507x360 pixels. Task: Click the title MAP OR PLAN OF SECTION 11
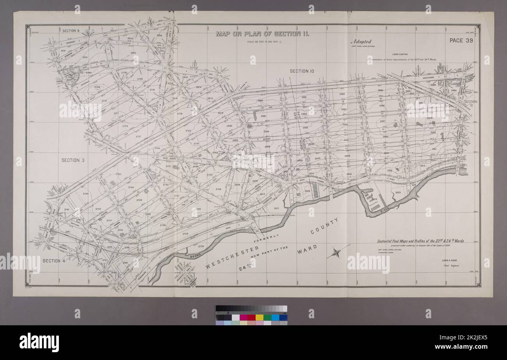point(263,34)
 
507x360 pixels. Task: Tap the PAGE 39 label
point(461,40)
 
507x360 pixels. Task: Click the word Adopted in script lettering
point(361,41)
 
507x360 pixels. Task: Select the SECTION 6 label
point(71,30)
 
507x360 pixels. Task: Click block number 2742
point(86,193)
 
